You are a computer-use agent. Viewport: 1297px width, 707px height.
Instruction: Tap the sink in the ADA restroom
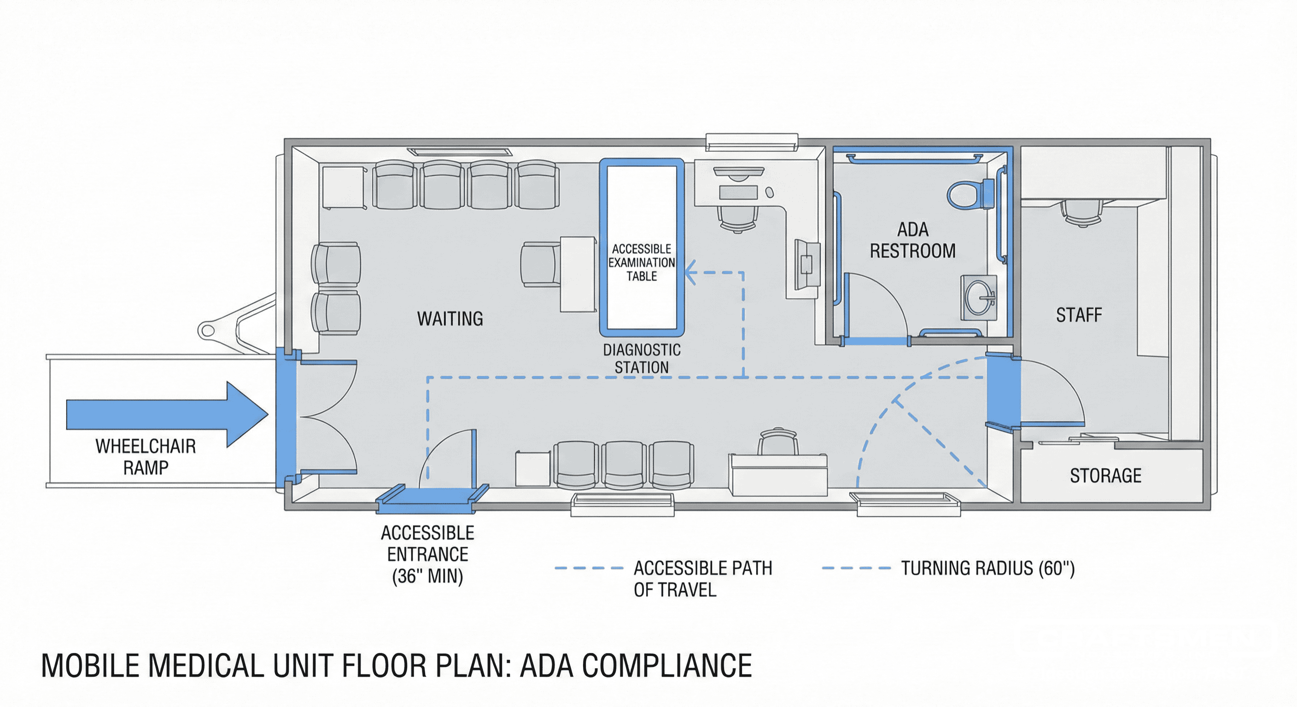[x=978, y=297]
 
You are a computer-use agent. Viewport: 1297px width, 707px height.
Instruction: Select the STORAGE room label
[x=1105, y=475]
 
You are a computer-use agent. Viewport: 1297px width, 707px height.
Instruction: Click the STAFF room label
[x=1079, y=315]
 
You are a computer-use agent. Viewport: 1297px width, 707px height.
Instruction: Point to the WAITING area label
[x=450, y=319]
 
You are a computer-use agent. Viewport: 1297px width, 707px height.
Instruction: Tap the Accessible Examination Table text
[x=642, y=263]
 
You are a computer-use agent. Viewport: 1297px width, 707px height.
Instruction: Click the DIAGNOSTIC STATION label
[x=642, y=359]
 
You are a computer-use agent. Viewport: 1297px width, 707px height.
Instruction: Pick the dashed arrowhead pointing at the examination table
[x=691, y=273]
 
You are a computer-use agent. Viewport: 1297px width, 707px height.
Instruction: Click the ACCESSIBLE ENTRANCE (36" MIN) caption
[x=427, y=554]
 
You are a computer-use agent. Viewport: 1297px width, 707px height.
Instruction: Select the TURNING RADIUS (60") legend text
[x=987, y=568]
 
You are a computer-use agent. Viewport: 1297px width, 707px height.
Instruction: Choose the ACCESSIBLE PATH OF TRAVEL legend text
[x=702, y=579]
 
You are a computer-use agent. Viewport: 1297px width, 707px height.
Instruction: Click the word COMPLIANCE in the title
[x=666, y=666]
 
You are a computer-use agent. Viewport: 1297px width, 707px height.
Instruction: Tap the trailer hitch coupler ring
[x=207, y=330]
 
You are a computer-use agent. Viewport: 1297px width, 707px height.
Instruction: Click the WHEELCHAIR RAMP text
[x=146, y=457]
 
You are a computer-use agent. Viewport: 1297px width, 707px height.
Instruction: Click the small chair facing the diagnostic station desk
[x=540, y=264]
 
